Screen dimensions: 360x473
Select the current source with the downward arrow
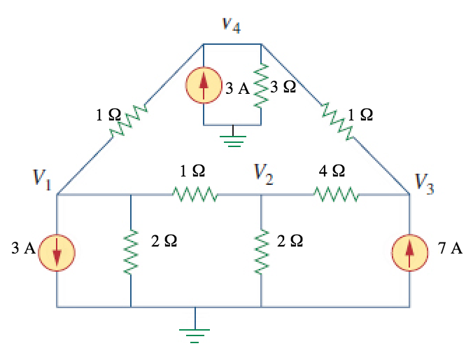tap(56, 249)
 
